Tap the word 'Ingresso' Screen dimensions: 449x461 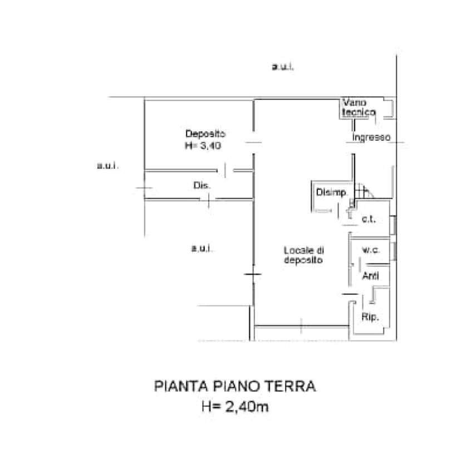[372, 137]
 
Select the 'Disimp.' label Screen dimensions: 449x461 [331, 192]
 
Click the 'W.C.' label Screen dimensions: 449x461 [370, 251]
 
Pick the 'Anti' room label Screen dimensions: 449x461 [370, 275]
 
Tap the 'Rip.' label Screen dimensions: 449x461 [371, 318]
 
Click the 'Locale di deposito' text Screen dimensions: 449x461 [303, 255]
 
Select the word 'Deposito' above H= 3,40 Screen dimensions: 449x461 [205, 134]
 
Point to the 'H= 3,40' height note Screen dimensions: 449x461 [203, 145]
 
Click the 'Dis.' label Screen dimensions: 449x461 [200, 185]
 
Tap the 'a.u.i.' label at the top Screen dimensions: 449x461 [283, 67]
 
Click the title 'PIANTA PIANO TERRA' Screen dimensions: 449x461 [235, 386]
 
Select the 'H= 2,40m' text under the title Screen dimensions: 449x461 [236, 407]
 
